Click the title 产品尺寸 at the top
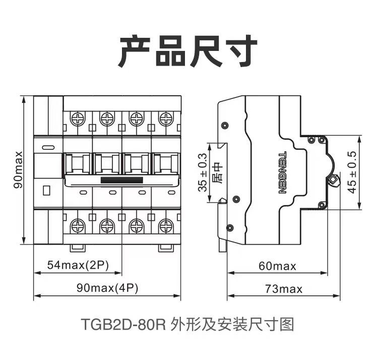pyautogui.click(x=188, y=51)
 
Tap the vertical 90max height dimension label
pyautogui.click(x=18, y=170)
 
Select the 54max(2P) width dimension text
pyautogui.click(x=78, y=265)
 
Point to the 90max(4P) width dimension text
pyautogui.click(x=107, y=288)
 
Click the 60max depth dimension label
pyautogui.click(x=277, y=266)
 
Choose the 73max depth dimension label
pyautogui.click(x=284, y=289)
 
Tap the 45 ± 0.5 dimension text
pyautogui.click(x=352, y=172)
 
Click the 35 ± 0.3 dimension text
pyautogui.click(x=203, y=172)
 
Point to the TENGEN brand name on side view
pyautogui.click(x=282, y=172)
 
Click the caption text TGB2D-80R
pyautogui.click(x=123, y=324)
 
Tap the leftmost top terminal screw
pyautogui.click(x=78, y=119)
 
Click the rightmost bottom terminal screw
pyautogui.click(x=166, y=226)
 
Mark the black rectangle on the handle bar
pyautogui.click(x=122, y=180)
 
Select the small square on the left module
pyautogui.click(x=46, y=190)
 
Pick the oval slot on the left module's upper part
pyautogui.click(x=48, y=147)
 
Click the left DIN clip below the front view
pyautogui.click(x=78, y=249)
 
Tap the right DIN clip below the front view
pyautogui.click(x=166, y=249)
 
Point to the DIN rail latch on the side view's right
pyautogui.click(x=333, y=181)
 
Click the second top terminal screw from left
pyautogui.click(x=107, y=119)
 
